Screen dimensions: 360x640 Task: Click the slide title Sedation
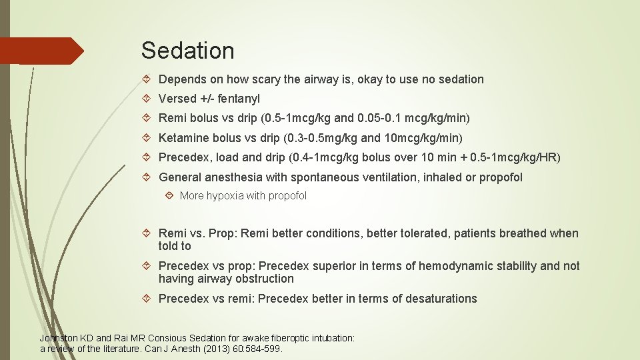pyautogui.click(x=187, y=51)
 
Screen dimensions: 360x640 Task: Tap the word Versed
pyautogui.click(x=177, y=99)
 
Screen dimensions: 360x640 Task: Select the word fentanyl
pyautogui.click(x=238, y=99)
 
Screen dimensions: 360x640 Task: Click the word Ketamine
pyautogui.click(x=184, y=138)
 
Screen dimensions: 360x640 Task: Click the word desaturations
pyautogui.click(x=438, y=299)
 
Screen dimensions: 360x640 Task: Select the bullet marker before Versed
pyautogui.click(x=147, y=99)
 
